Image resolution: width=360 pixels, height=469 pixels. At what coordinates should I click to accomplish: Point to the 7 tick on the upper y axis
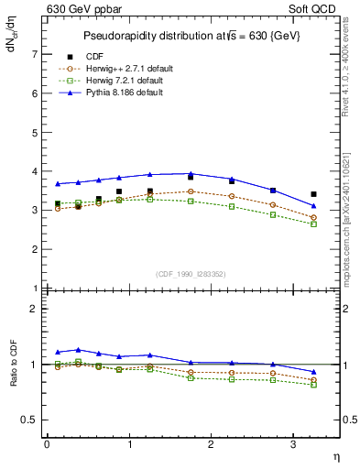click(x=34, y=54)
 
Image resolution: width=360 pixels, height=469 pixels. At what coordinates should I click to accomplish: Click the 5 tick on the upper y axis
click(x=34, y=132)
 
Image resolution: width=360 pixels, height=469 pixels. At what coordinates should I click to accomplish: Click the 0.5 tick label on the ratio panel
click(x=30, y=420)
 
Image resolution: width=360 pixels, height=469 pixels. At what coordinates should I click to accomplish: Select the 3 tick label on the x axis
click(x=292, y=444)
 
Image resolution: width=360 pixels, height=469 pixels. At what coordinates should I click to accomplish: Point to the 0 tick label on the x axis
click(x=47, y=444)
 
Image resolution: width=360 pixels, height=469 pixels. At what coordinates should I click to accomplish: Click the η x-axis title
click(x=335, y=455)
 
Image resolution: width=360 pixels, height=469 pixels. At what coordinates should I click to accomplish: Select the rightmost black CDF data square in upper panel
click(x=314, y=194)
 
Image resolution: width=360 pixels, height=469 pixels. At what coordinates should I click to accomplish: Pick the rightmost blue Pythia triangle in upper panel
click(x=314, y=205)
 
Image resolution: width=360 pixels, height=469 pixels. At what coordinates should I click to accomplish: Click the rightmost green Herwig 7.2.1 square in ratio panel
click(x=314, y=385)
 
